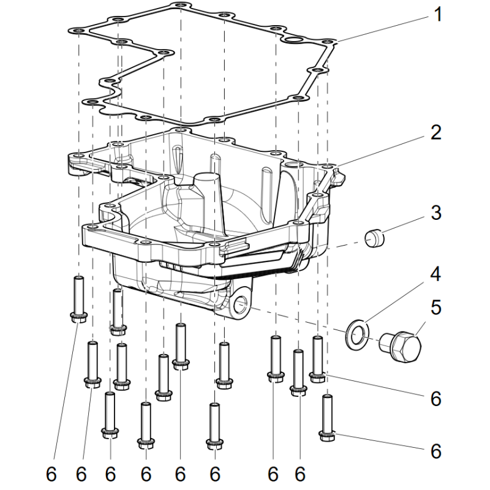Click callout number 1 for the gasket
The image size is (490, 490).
click(x=438, y=14)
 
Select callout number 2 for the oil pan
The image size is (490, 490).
click(x=435, y=132)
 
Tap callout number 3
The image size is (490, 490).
click(x=435, y=213)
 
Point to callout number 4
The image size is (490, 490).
click(x=435, y=274)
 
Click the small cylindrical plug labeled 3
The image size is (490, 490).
click(x=374, y=238)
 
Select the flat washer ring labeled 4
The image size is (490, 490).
click(x=358, y=335)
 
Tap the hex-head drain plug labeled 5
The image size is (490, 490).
click(x=401, y=346)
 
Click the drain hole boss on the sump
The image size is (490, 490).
click(x=241, y=303)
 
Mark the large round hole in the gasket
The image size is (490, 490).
click(x=294, y=40)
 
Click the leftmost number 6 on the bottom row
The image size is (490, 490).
click(x=51, y=474)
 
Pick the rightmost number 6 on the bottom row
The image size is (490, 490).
click(x=300, y=474)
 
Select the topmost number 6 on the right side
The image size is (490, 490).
click(x=435, y=399)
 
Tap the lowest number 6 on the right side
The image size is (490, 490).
click(x=435, y=451)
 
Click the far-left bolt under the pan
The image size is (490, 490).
click(x=78, y=300)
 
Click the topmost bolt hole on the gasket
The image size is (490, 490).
click(x=180, y=5)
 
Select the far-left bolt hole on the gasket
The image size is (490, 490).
click(x=78, y=31)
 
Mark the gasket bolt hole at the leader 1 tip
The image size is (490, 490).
click(x=328, y=42)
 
